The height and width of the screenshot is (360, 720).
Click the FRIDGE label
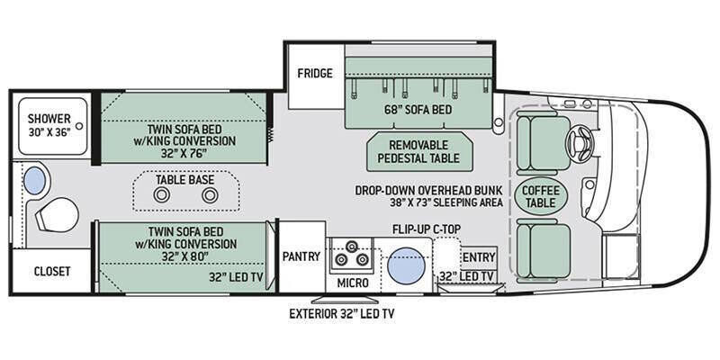coord(314,74)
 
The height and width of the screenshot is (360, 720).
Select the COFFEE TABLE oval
coord(541,196)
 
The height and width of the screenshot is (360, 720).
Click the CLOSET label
coord(52,272)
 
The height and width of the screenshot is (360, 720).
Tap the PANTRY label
coord(301,256)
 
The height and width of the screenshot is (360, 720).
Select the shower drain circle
coord(79,126)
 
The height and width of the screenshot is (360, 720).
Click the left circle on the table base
coord(162,195)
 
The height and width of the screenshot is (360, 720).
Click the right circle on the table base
coord(210,195)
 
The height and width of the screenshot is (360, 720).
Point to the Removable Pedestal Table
coord(419,151)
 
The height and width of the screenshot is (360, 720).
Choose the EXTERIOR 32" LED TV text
coord(342,314)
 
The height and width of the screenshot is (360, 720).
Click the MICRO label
coord(353,283)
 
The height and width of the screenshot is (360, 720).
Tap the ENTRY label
coord(479,257)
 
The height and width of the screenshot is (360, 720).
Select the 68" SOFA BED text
coord(418,110)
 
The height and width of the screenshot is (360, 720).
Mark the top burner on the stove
coord(352,246)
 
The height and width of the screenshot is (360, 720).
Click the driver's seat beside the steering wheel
coord(543,143)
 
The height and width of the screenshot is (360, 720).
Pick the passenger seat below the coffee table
coord(544,248)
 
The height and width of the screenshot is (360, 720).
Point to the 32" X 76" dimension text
coord(184,153)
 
